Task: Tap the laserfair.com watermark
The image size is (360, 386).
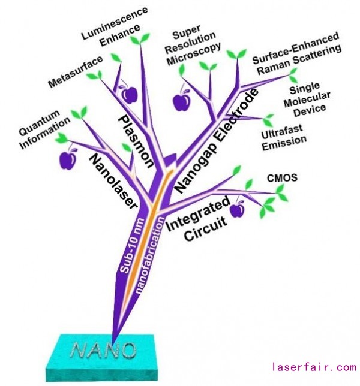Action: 314,367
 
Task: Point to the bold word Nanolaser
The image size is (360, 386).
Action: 115,182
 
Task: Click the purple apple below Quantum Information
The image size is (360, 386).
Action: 68,159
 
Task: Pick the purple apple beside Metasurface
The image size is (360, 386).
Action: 129,94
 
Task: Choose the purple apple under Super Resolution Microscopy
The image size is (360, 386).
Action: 181,101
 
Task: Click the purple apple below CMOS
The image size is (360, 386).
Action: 238,209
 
